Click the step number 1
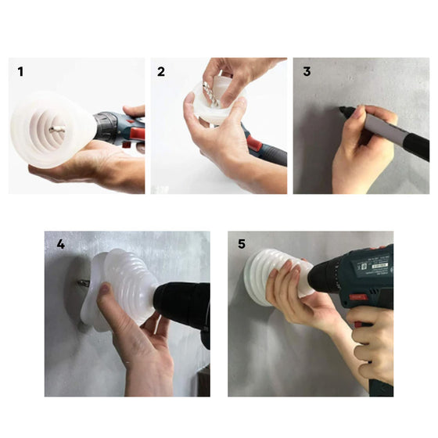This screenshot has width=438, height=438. (20, 72)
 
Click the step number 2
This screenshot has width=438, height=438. (161, 72)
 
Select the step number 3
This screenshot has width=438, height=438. (307, 71)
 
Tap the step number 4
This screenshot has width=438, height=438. (61, 244)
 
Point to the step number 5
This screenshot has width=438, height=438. (242, 243)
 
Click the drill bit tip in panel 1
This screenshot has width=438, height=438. (51, 129)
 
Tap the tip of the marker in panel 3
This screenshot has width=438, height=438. (340, 108)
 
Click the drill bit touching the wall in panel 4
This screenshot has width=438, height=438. (83, 283)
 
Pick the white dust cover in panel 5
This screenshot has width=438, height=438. (277, 277)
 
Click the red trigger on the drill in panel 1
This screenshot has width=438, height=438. (137, 135)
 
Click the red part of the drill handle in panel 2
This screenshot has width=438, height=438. (253, 142)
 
